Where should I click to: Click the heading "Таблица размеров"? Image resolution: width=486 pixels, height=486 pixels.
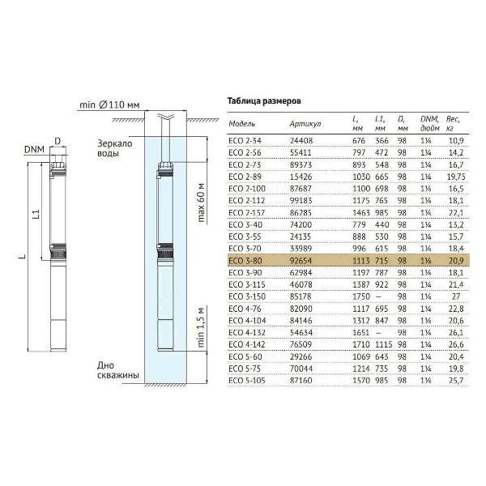(x=264, y=101)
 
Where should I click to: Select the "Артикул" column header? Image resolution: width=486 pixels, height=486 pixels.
(x=305, y=124)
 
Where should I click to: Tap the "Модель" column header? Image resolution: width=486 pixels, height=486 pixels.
(x=241, y=124)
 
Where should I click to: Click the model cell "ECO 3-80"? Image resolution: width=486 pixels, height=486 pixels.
(x=245, y=261)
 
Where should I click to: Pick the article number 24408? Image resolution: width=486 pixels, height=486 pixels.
(x=301, y=141)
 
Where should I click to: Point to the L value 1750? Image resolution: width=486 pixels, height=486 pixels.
(x=361, y=296)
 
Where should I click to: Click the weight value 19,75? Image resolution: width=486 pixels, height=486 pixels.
(x=456, y=177)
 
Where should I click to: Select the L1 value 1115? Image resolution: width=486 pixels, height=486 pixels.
(x=383, y=344)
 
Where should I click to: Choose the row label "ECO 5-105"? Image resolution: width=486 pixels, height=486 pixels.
(x=247, y=381)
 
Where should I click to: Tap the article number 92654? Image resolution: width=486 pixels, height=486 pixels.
(x=301, y=261)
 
